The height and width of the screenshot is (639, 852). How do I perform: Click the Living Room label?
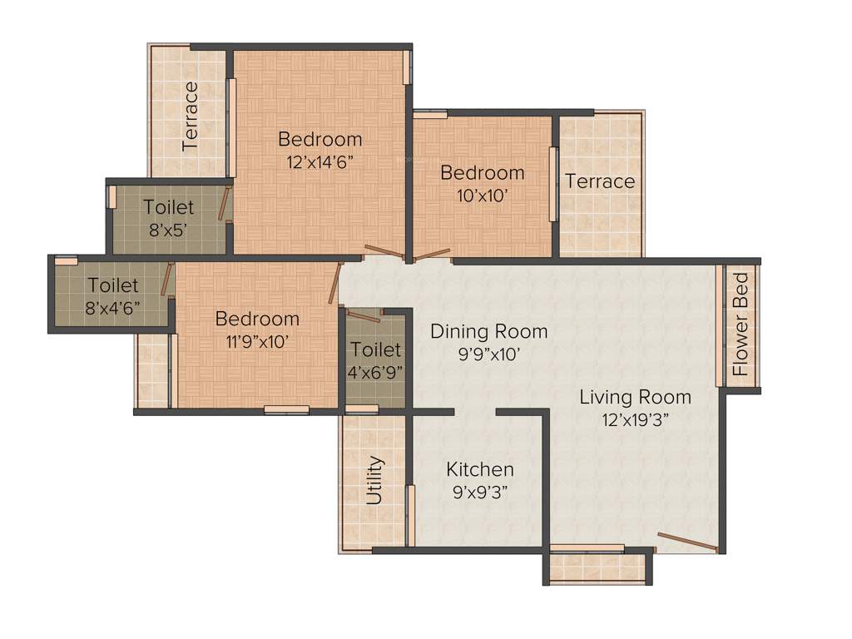[x=635, y=397]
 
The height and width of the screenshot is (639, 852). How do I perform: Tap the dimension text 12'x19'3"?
[x=635, y=419]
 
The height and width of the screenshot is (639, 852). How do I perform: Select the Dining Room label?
[x=488, y=332]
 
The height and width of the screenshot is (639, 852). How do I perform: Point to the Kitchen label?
[x=479, y=469]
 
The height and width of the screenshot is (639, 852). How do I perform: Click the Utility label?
[x=375, y=480]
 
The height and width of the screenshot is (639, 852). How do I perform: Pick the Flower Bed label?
[x=740, y=325]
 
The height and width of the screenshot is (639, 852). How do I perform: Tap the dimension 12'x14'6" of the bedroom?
[x=320, y=161]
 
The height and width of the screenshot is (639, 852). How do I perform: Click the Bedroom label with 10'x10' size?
[x=483, y=173]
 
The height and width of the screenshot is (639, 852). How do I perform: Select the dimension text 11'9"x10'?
[x=257, y=341]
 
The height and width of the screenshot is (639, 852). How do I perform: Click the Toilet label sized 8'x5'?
[x=168, y=207]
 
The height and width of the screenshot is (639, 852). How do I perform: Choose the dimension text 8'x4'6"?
[x=112, y=306]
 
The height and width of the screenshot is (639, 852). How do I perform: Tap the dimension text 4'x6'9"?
[x=375, y=372]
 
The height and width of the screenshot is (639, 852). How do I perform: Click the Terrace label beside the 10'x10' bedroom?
[x=600, y=181]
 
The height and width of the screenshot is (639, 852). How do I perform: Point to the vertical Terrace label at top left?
[x=191, y=116]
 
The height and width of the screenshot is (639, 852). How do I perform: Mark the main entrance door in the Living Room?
[x=687, y=542]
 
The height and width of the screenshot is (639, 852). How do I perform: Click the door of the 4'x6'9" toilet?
[x=363, y=315]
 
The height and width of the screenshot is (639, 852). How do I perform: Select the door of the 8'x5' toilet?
[x=224, y=204]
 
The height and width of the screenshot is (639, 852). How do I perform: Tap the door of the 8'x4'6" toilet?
[x=167, y=280]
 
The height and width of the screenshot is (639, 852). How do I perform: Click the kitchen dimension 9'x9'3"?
[x=479, y=492]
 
